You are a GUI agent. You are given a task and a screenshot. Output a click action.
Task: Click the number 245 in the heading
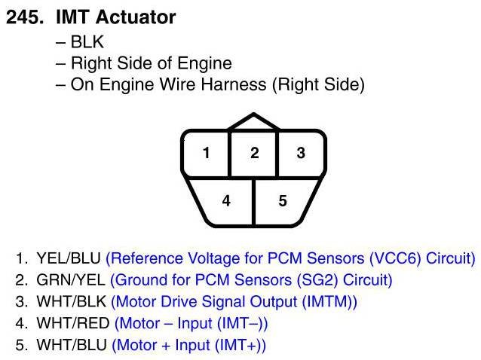[x=24, y=17]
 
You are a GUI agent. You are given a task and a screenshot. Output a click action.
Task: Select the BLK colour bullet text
[x=87, y=43]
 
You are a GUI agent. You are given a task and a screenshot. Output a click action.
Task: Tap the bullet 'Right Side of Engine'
[x=151, y=63]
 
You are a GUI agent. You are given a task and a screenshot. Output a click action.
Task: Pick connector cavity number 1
[x=206, y=154]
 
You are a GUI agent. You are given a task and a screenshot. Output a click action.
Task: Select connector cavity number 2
[x=254, y=154]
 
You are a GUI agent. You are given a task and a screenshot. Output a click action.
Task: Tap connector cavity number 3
[x=301, y=154]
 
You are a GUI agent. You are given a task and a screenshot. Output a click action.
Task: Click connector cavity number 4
[x=226, y=201]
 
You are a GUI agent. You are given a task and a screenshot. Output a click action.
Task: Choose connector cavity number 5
[x=283, y=201]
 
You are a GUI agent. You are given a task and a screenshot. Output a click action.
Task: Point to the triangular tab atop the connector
[x=254, y=124]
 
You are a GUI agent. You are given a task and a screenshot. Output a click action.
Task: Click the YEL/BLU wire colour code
[x=69, y=259]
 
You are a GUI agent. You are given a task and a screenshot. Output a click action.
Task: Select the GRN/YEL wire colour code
[x=70, y=281]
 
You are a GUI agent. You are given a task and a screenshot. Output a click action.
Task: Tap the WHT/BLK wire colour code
[x=71, y=302]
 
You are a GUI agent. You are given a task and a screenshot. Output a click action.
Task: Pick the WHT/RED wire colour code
[x=72, y=324]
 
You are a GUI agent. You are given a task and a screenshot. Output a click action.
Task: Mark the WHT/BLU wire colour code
[x=71, y=346]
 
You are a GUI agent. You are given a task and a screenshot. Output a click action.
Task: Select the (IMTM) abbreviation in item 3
[x=328, y=302]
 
